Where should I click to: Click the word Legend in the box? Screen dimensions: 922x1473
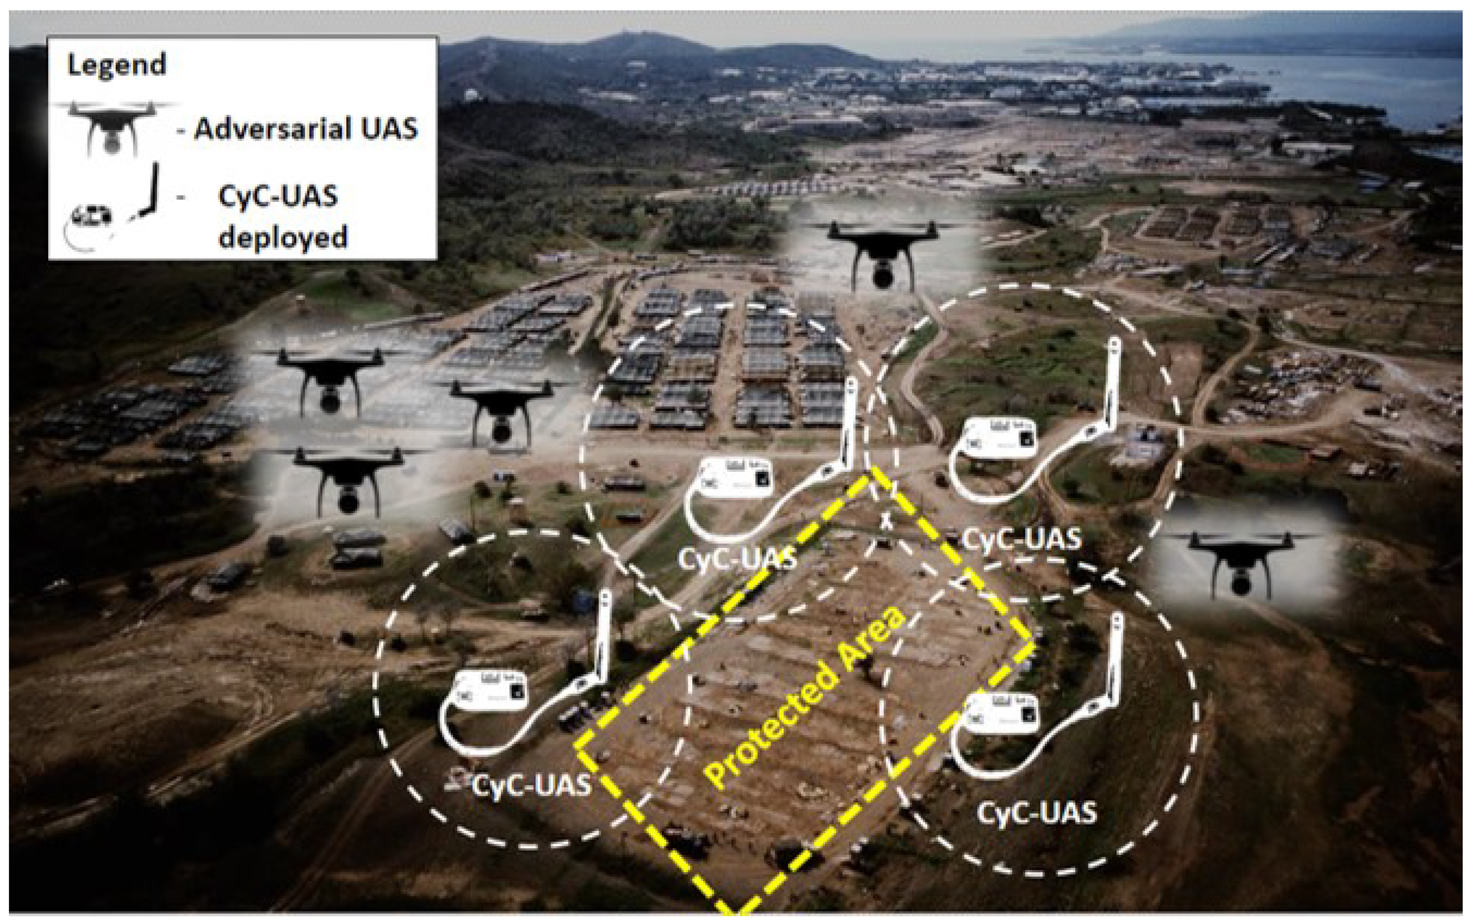[x=116, y=65]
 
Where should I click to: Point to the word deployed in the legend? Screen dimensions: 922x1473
[x=283, y=237]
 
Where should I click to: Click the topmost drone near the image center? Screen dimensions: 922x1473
[x=882, y=253]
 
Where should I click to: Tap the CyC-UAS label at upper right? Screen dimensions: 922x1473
[x=1021, y=539]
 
